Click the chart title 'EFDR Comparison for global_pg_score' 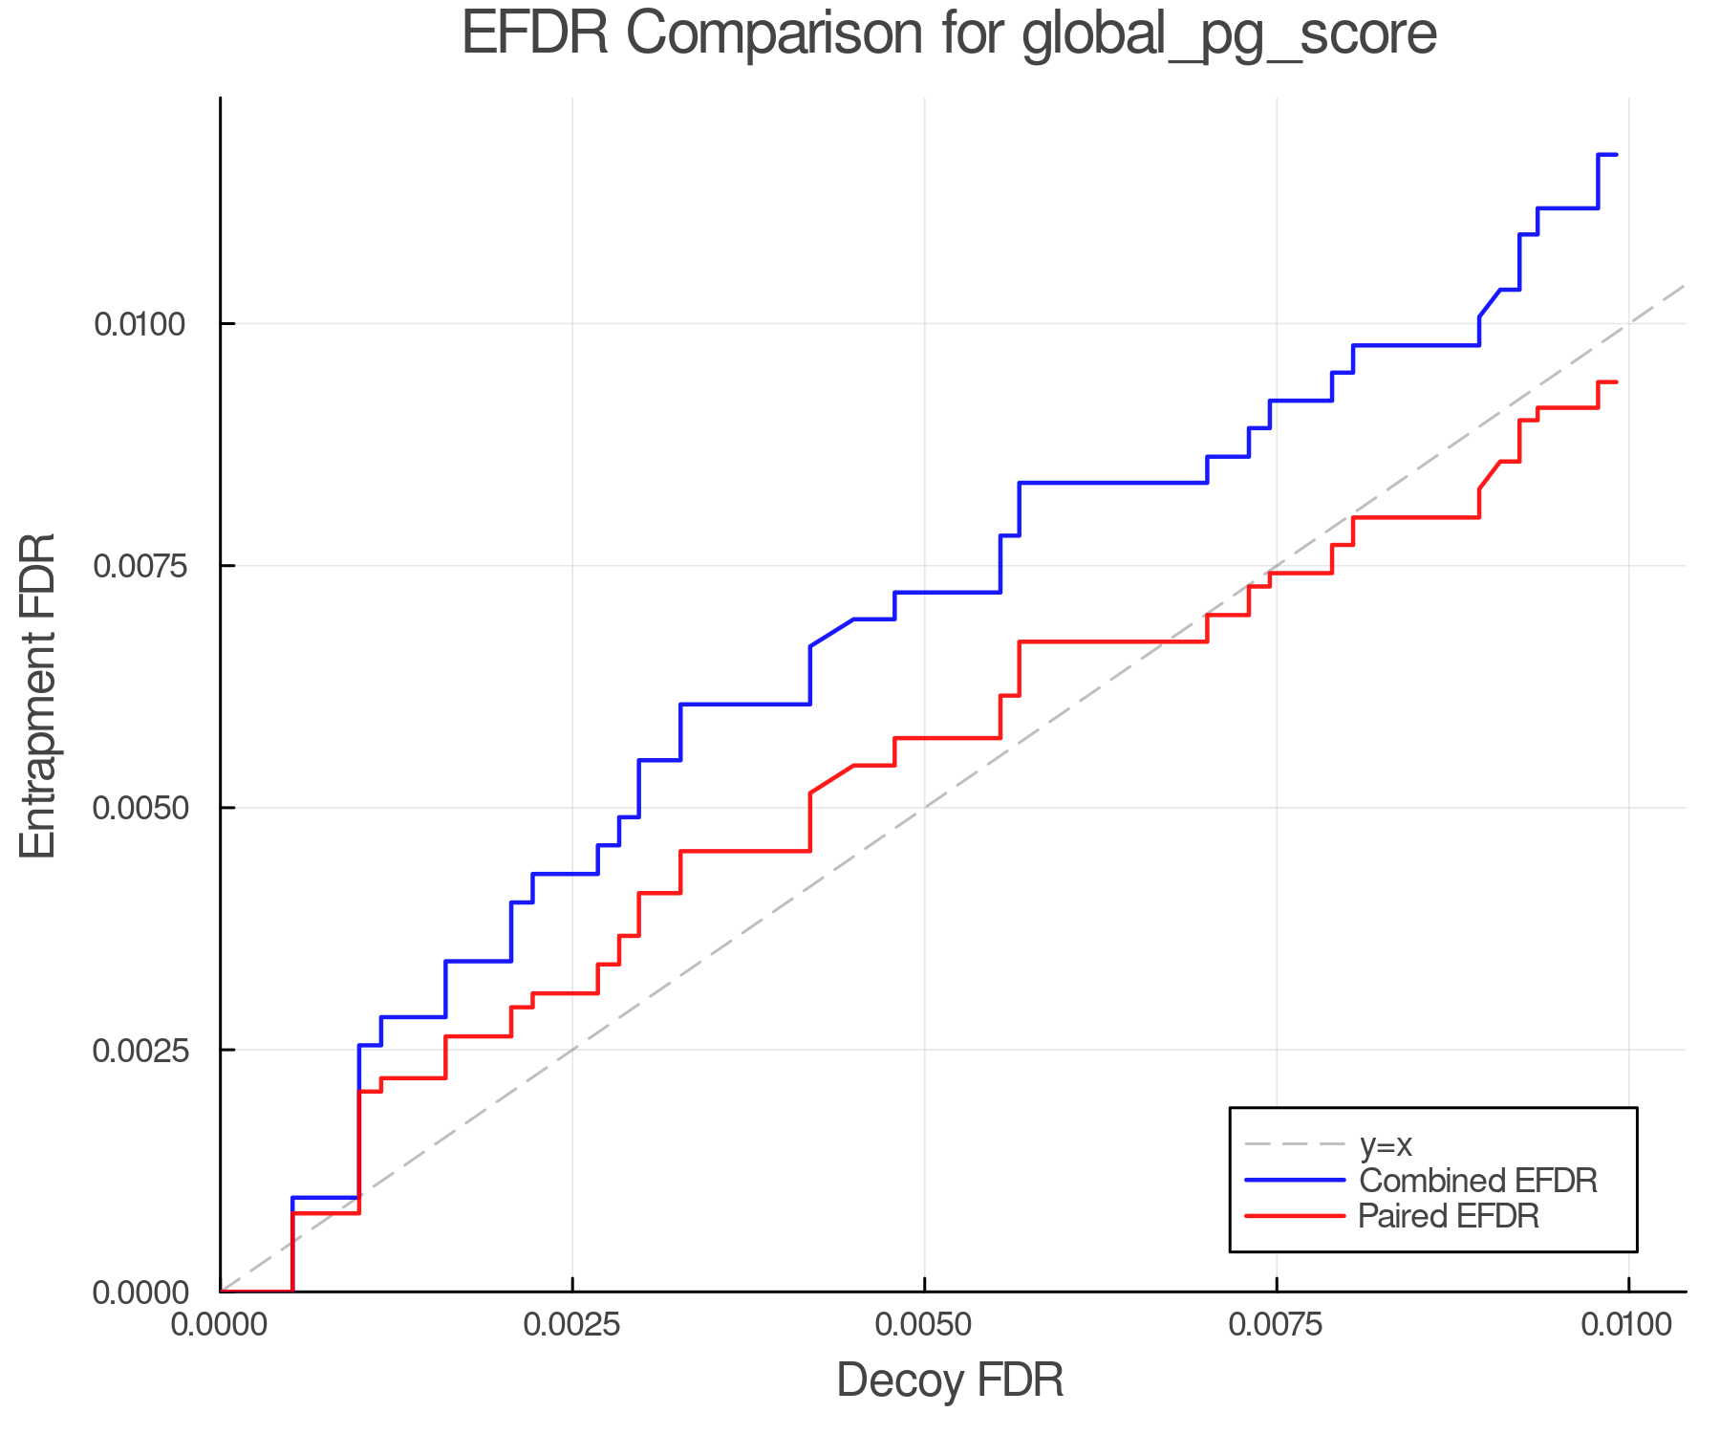949,34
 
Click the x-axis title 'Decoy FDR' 950,1381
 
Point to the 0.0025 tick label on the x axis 571,1325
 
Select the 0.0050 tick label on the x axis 924,1325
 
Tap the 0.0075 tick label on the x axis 1277,1325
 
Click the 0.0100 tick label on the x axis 1628,1325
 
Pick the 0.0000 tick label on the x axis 221,1325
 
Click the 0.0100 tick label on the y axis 140,324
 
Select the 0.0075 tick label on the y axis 140,566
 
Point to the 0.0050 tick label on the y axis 140,808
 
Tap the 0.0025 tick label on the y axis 140,1050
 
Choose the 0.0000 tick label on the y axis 140,1293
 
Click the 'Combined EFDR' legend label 1477,1181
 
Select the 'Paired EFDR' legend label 1449,1216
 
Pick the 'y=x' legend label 1386,1144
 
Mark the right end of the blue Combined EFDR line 1616,155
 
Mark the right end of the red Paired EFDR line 1616,382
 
